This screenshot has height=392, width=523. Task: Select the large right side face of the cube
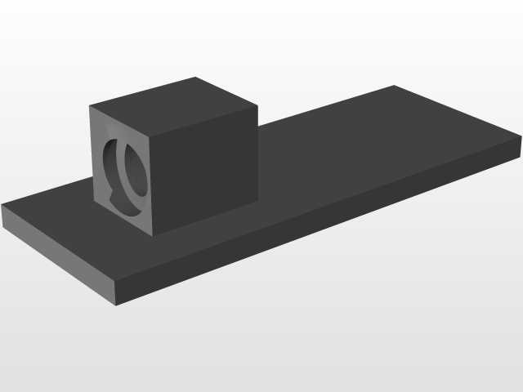click(x=204, y=167)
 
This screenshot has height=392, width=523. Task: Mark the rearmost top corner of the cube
click(x=196, y=78)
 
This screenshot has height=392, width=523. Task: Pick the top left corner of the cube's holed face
click(x=89, y=107)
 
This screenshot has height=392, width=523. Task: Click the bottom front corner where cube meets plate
click(x=151, y=235)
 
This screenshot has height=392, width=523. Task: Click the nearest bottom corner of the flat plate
click(x=117, y=307)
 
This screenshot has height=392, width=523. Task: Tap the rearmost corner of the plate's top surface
click(x=394, y=85)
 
